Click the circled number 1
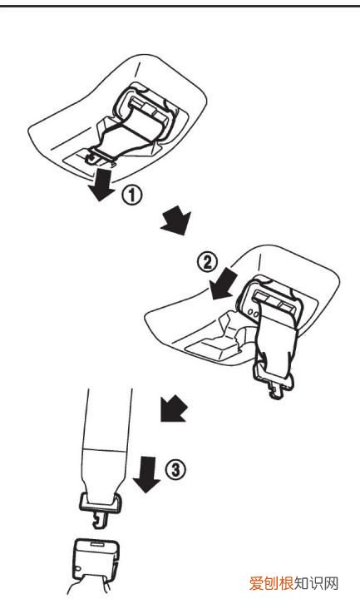click(131, 196)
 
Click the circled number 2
click(207, 263)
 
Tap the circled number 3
click(175, 468)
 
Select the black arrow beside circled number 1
click(101, 185)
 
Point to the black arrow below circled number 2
click(224, 284)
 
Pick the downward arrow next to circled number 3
click(146, 474)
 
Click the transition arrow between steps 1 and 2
click(175, 220)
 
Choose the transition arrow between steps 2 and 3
click(173, 409)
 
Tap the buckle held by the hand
click(96, 560)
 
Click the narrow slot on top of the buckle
click(96, 542)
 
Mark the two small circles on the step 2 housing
click(253, 313)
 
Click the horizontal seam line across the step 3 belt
click(106, 448)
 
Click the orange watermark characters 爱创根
click(271, 583)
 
